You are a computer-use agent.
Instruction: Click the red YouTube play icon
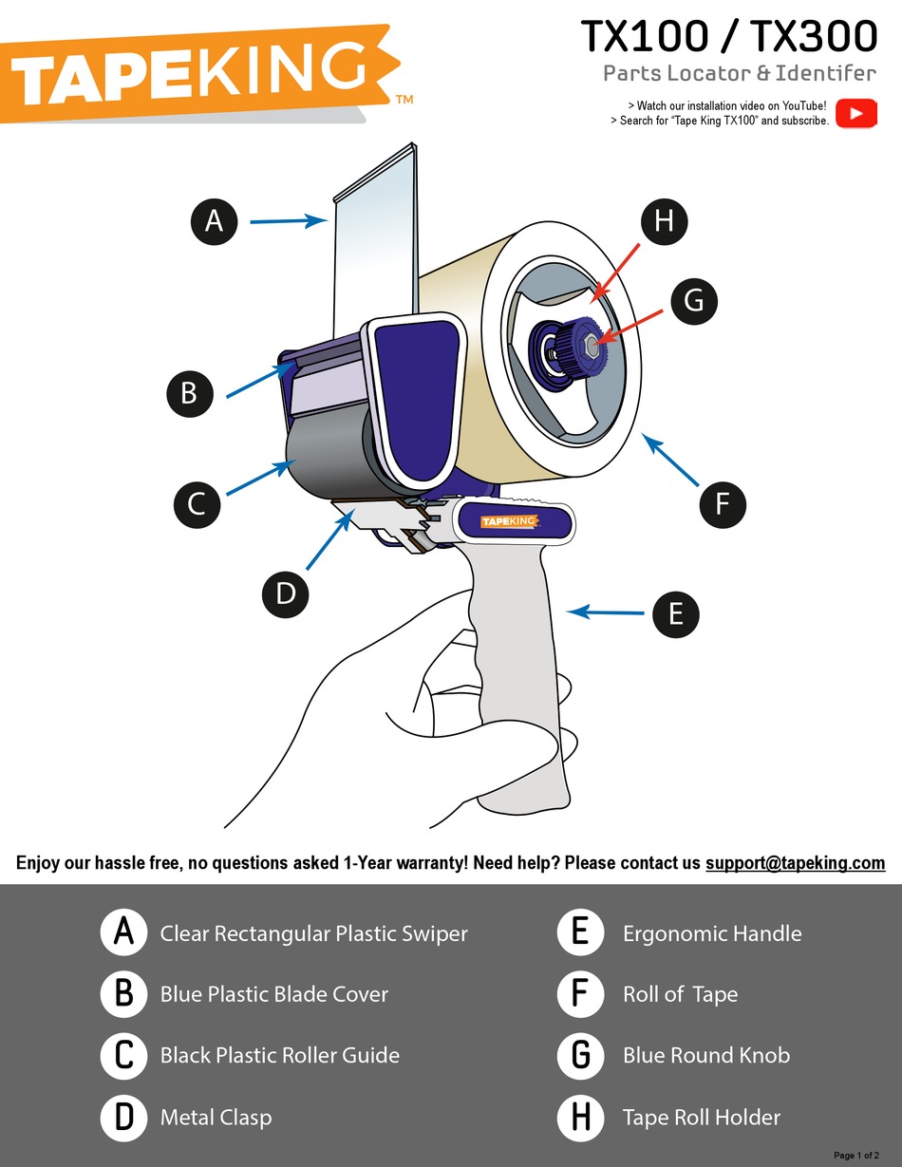tap(856, 113)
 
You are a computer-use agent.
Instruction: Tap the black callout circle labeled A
tap(214, 221)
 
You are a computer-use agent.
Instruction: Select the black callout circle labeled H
tap(664, 221)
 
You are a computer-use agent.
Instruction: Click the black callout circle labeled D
tap(286, 593)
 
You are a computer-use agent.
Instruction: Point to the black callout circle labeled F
tap(723, 504)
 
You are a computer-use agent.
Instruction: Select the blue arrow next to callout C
tap(259, 478)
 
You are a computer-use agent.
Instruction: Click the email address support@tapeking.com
tap(795, 863)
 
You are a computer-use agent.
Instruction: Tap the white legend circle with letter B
tap(123, 994)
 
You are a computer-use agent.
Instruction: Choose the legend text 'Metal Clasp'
tap(216, 1118)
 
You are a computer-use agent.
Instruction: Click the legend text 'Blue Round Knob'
tap(705, 1055)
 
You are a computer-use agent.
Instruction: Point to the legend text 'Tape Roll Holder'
tap(701, 1118)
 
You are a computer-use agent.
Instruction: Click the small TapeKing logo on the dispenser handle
tap(509, 521)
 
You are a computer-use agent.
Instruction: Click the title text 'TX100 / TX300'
tap(728, 37)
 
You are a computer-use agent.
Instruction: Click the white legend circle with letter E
tap(580, 933)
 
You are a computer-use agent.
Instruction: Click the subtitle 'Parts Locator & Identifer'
tap(739, 73)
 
